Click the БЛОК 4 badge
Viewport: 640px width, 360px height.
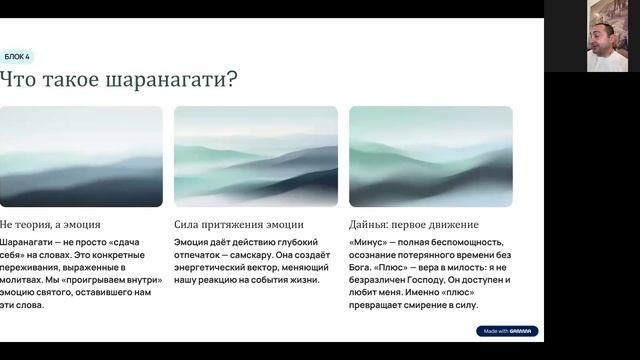[x=17, y=57]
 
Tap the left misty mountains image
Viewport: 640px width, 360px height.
[x=81, y=156]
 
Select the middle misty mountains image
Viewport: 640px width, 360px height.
[x=255, y=156]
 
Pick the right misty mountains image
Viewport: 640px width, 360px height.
[x=430, y=156]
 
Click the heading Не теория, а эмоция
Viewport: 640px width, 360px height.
[x=50, y=225]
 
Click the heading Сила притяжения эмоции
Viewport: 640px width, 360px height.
[x=238, y=225]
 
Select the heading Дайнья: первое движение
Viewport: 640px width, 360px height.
[x=414, y=225]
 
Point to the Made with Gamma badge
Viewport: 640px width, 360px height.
[x=507, y=330]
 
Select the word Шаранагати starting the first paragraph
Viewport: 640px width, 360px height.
[x=25, y=243]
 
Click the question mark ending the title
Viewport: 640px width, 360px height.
[x=232, y=80]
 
